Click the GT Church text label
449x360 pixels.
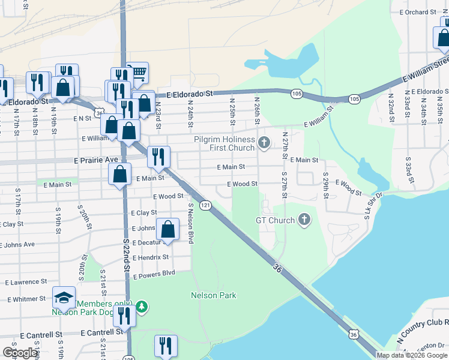(x=275, y=220)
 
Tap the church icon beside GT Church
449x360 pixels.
(x=304, y=220)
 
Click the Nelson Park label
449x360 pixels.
(x=213, y=295)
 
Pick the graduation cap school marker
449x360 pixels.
(x=62, y=298)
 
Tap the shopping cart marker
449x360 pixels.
(x=138, y=73)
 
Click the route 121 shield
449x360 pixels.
(x=205, y=205)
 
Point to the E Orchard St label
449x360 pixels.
(x=421, y=12)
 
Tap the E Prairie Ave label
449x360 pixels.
(x=96, y=161)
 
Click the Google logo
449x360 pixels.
(x=20, y=353)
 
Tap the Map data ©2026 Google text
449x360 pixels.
(x=412, y=355)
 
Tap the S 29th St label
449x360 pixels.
(x=326, y=188)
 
